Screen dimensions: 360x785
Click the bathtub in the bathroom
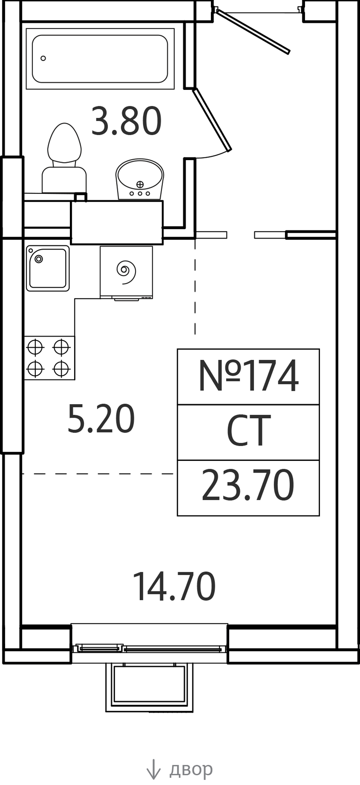(100, 59)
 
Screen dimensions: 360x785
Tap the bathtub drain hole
(43, 58)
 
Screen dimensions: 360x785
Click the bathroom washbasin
(140, 179)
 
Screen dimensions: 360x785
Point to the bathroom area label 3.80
(126, 121)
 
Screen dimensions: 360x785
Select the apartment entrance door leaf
(252, 31)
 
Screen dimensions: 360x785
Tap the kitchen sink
(48, 268)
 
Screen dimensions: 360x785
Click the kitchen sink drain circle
(39, 259)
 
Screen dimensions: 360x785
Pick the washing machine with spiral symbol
(126, 272)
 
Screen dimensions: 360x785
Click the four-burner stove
(49, 358)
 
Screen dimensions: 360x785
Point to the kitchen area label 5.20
(101, 419)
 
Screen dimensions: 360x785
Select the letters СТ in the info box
(249, 431)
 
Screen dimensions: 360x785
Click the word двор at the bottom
(191, 769)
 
